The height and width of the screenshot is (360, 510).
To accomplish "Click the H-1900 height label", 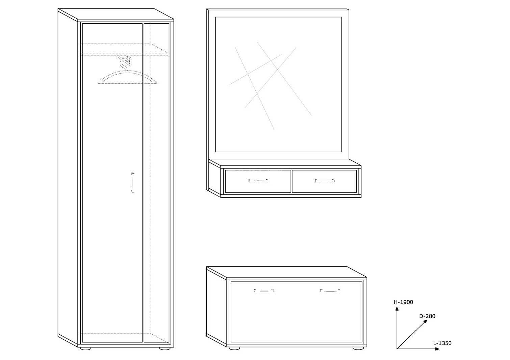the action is tap(403, 302).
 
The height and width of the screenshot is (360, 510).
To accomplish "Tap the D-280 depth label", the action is tap(427, 316).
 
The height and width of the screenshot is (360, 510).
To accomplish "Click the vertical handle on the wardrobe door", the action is tap(132, 182).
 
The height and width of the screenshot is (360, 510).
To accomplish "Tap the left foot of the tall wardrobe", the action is tap(85, 349).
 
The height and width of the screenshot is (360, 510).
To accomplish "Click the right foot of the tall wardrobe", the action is tap(165, 349).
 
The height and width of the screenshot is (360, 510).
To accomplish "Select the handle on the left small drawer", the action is tap(258, 181).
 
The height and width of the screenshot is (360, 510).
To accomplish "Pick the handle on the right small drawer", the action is tap(325, 181).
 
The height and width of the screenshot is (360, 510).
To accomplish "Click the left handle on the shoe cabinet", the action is tap(264, 290).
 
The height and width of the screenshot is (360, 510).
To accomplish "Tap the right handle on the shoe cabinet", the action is tap(330, 290).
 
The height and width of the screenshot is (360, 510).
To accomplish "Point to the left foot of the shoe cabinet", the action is tap(234, 349).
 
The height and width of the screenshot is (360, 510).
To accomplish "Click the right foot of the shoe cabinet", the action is tap(358, 349).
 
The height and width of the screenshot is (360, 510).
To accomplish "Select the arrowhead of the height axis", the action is tap(397, 309).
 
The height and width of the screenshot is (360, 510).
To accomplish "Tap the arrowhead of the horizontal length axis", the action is tap(437, 355).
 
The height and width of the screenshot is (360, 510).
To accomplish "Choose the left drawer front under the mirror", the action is tap(258, 181).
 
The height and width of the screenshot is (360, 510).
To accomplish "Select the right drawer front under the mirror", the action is tap(324, 181).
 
